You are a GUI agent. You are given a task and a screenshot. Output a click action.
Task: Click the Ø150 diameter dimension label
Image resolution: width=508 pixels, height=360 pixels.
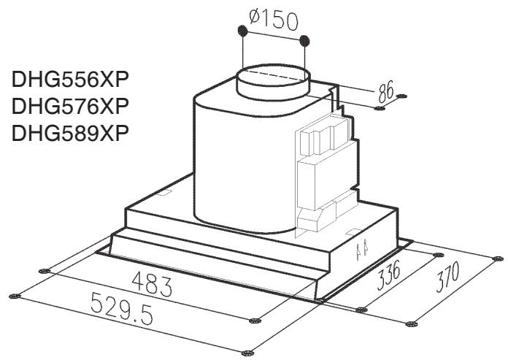[274, 20]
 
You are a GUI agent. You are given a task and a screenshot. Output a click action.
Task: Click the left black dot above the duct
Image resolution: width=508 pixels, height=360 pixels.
[242, 31]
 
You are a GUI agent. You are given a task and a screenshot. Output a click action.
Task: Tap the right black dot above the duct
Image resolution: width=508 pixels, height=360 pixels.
[305, 40]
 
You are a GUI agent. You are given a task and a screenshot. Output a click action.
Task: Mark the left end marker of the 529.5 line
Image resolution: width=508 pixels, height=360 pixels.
[12, 296]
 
